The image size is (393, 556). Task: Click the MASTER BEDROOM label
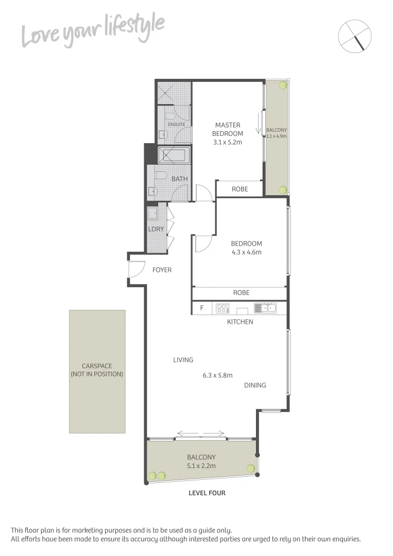[x=228, y=129]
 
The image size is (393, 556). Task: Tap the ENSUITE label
[x=176, y=124]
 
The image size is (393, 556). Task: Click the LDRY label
[x=156, y=229]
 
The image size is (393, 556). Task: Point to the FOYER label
[x=162, y=270]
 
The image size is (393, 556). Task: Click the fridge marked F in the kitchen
[x=201, y=308]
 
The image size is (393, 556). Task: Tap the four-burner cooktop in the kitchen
[x=222, y=308]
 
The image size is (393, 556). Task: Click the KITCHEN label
[x=240, y=322]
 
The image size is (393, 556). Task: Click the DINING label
[x=255, y=385]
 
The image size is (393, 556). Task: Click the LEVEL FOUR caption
[x=207, y=493]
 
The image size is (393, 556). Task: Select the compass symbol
[x=355, y=36]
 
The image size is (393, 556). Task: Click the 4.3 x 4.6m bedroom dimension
[x=246, y=252]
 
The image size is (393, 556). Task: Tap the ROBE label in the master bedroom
[x=240, y=189]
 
